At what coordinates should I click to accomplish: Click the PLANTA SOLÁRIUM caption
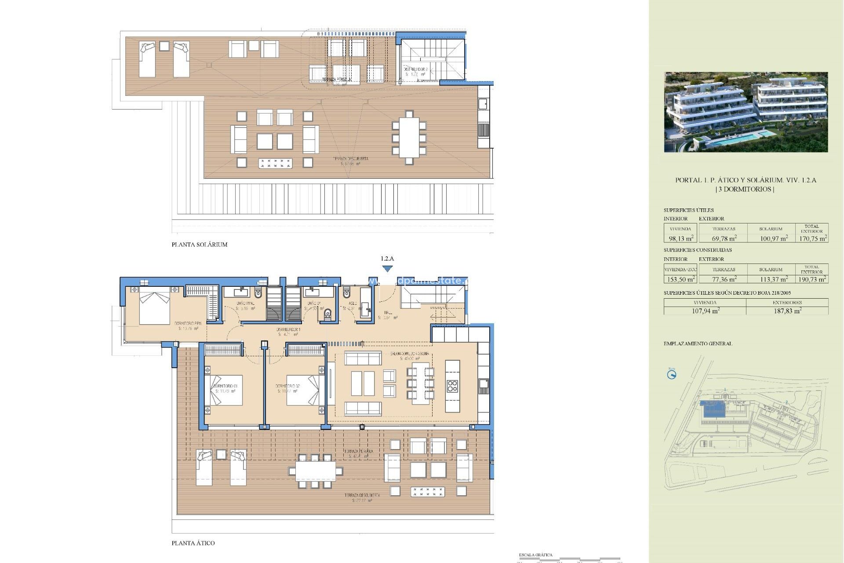[200, 245]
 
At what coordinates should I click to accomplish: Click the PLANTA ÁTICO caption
[193, 543]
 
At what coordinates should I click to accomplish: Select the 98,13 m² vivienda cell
[680, 238]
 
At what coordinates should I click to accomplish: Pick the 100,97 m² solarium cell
[774, 238]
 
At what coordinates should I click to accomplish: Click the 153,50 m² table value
[680, 279]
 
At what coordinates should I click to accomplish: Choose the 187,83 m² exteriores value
[787, 311]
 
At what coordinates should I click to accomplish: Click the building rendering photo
[746, 112]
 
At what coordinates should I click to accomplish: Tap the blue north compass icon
[671, 375]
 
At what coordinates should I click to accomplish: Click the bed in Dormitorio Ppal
[154, 307]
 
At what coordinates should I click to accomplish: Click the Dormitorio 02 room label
[288, 386]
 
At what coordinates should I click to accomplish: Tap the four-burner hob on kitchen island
[452, 386]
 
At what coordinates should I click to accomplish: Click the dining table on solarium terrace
[409, 139]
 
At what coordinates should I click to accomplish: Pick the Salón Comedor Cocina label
[409, 354]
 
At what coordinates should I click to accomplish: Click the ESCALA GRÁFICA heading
[535, 555]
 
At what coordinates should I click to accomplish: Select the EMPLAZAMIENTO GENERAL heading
[698, 344]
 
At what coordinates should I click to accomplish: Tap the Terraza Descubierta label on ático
[362, 495]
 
